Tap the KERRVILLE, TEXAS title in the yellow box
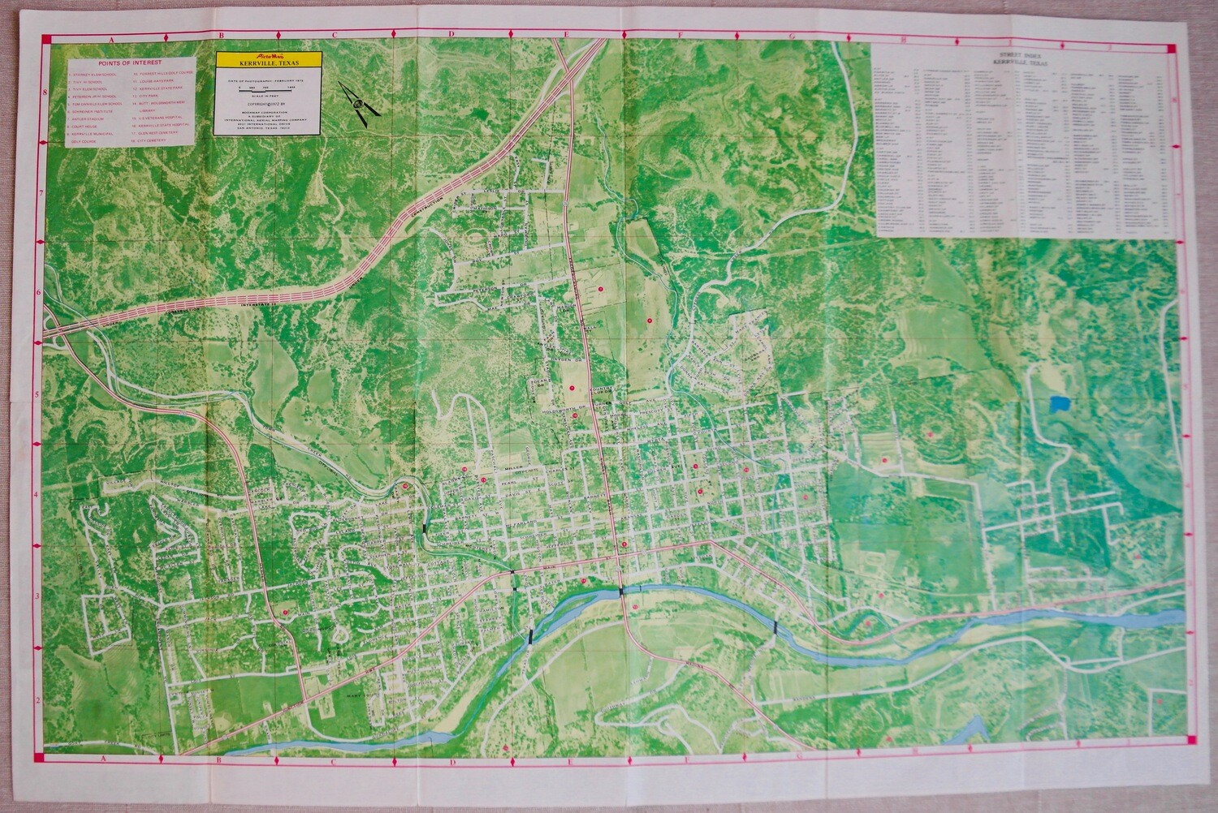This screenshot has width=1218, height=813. [x=269, y=63]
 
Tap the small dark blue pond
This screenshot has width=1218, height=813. [x=1058, y=402]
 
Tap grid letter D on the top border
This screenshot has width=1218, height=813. [x=451, y=35]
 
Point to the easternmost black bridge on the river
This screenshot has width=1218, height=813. [x=776, y=626]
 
